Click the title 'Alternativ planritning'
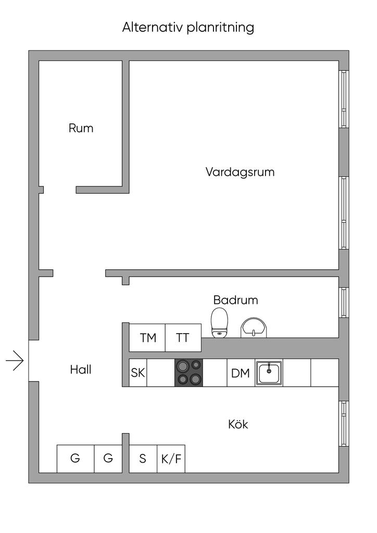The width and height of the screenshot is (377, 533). click(188, 27)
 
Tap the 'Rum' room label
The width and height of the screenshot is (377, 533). click(81, 128)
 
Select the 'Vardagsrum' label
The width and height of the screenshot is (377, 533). click(240, 172)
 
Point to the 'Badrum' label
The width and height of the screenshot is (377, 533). click(235, 300)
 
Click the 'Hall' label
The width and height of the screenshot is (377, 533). click(81, 370)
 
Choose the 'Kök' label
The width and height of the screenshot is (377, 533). click(238, 424)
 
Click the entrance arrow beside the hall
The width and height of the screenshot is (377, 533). click(15, 360)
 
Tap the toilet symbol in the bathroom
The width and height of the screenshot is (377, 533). click(219, 322)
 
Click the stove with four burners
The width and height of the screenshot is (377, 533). click(188, 373)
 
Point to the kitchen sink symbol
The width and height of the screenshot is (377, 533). click(269, 373)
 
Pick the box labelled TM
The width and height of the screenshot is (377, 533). click(148, 338)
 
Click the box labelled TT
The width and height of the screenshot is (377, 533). click(182, 338)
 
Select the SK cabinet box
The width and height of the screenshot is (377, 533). click(138, 373)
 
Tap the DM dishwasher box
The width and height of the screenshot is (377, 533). click(241, 373)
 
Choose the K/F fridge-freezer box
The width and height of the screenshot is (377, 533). click(171, 459)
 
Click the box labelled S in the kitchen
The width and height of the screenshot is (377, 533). click(143, 459)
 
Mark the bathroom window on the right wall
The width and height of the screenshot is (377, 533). click(344, 302)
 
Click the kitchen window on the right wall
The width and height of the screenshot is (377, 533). click(344, 423)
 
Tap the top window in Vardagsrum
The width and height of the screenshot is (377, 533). click(344, 99)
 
